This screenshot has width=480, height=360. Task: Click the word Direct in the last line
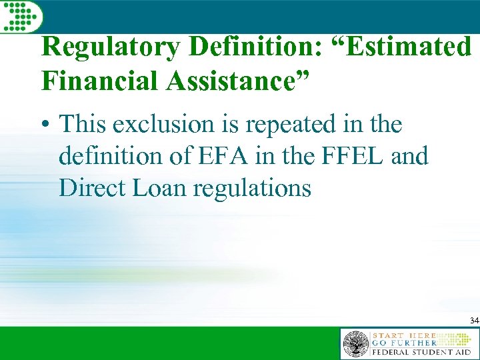pos(91,188)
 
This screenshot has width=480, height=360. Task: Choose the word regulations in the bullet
pos(252,189)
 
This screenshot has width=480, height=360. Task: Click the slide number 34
pos(474,321)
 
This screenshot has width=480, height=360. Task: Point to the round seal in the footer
pos(356,344)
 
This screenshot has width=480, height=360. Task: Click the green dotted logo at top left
pos(20,15)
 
